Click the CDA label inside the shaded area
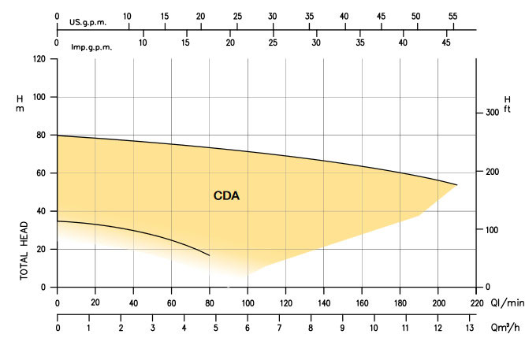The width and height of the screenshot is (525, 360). pyautogui.click(x=226, y=196)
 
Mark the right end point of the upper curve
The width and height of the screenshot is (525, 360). pyautogui.click(x=457, y=185)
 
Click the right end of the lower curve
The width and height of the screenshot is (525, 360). pyautogui.click(x=210, y=255)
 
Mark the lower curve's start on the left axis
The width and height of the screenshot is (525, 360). pyautogui.click(x=58, y=221)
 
